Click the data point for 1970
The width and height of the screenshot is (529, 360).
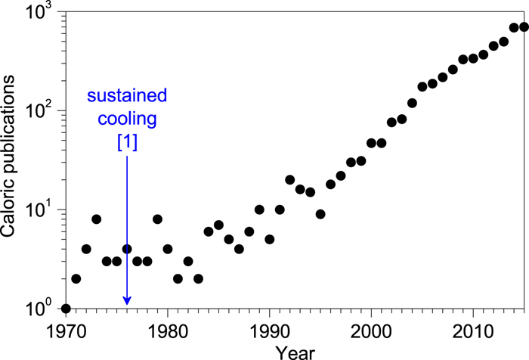66,309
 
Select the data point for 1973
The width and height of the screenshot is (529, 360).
96,219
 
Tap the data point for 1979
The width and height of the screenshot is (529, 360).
157,219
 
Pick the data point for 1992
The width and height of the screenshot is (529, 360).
290,179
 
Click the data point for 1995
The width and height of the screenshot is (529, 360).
320,214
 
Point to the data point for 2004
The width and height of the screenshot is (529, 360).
412,103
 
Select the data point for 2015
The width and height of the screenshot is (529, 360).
524,27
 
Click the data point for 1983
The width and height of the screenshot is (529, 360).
198,278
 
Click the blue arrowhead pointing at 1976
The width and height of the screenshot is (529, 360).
126,300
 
